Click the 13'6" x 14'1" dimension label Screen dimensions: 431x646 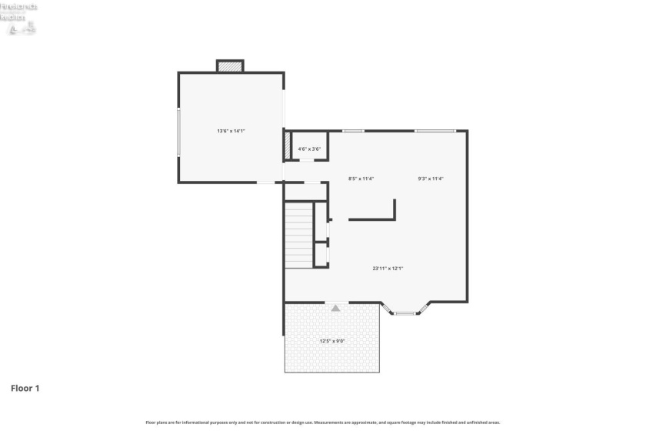coord(231,131)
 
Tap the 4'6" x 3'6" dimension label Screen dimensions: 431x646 coord(309,149)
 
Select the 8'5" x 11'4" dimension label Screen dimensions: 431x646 coord(361,179)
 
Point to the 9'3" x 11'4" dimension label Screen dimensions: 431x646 coord(431,179)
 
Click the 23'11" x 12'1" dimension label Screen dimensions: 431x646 coord(388,268)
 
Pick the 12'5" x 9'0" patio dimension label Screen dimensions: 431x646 coord(332,341)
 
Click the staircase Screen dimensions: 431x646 coord(299,235)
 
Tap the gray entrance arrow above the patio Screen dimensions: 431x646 coord(335,307)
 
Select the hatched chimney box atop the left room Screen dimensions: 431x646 coord(230,67)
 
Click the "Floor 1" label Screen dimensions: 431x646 coord(25,388)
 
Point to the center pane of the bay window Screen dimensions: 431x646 coord(405,313)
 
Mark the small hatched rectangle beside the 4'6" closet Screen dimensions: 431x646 coord(287,146)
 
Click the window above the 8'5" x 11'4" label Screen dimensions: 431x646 coord(353,131)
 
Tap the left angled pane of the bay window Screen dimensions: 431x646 coord(388,309)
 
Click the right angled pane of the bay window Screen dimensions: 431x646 coord(422,309)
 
